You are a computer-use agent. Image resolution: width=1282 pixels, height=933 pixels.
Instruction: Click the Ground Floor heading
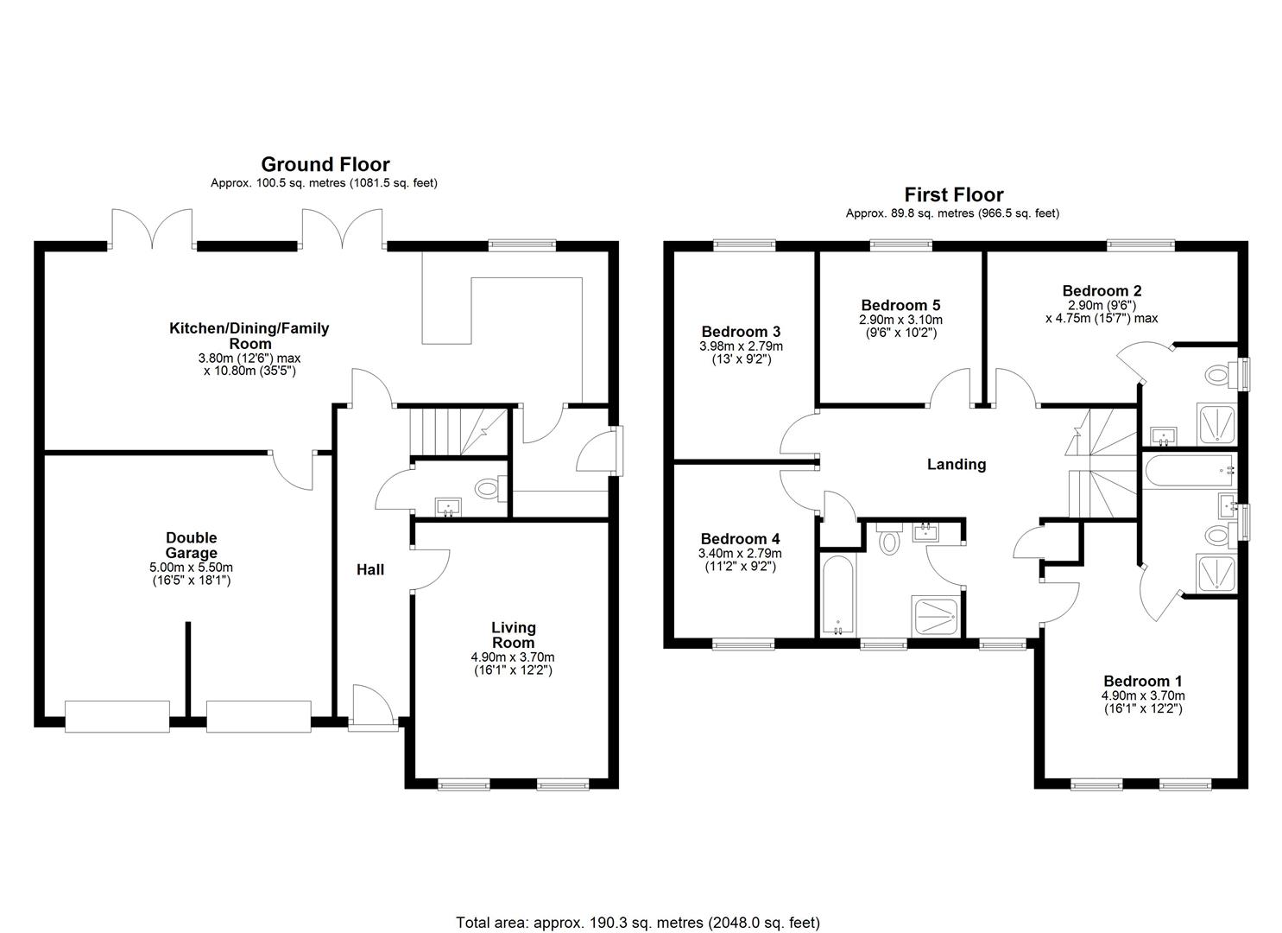click(325, 165)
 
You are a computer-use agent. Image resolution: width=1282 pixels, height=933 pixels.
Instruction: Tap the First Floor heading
click(953, 195)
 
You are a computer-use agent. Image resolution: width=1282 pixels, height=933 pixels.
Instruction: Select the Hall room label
click(370, 570)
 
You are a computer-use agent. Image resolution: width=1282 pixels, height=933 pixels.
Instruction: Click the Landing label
click(957, 465)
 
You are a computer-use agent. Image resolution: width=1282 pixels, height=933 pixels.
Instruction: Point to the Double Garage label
click(191, 545)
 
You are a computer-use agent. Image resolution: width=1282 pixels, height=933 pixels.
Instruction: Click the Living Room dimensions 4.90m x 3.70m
click(513, 657)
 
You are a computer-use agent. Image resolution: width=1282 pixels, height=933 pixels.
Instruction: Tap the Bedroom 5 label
click(900, 305)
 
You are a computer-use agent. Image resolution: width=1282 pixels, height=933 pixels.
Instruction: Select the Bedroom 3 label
click(742, 332)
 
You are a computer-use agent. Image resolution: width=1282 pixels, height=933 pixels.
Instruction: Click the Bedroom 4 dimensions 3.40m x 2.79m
click(740, 554)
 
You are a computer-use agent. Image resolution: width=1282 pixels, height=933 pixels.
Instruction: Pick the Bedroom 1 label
click(1143, 682)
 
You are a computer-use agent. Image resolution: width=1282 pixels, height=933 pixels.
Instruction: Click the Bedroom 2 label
click(1102, 291)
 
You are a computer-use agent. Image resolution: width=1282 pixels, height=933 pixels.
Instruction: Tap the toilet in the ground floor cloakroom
click(490, 489)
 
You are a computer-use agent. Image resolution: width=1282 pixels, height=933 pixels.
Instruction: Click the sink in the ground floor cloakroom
click(448, 507)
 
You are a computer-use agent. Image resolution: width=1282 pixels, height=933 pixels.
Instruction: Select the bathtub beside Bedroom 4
click(838, 595)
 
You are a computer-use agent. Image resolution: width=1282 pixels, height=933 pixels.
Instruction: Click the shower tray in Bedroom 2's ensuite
click(1216, 424)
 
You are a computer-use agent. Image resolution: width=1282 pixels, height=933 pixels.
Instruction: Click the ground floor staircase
click(459, 432)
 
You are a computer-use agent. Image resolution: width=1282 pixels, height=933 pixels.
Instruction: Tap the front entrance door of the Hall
click(373, 708)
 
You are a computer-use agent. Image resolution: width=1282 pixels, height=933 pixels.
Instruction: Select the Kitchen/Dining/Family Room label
click(249, 336)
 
